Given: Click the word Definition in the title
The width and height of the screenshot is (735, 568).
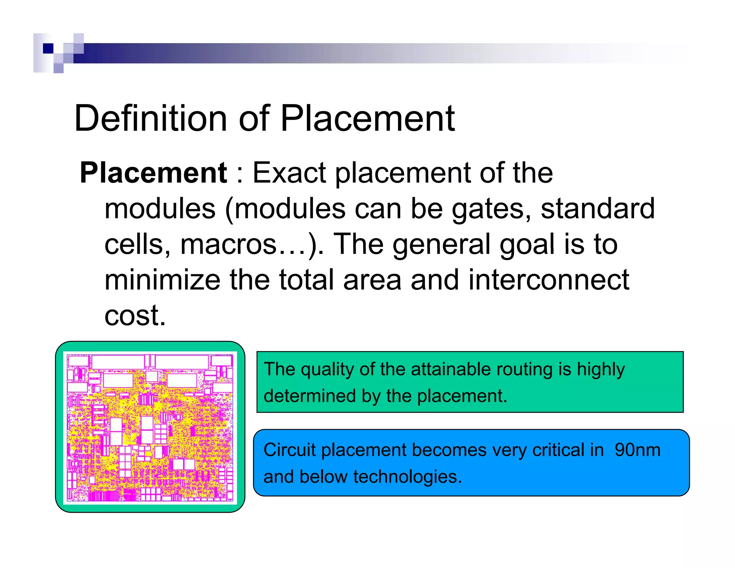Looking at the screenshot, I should tap(151, 118).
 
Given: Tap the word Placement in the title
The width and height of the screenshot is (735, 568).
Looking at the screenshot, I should tap(367, 118).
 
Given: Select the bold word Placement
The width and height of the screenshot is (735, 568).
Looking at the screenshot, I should tap(153, 173).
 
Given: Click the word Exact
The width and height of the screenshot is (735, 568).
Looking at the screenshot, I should tap(289, 173).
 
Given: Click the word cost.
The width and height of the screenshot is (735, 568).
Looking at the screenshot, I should tap(135, 315).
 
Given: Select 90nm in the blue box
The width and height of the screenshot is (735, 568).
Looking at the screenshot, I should tap(637, 450).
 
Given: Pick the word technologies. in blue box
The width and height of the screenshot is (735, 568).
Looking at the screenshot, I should tap(407, 477).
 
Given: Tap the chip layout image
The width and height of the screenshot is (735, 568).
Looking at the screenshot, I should tap(150, 427).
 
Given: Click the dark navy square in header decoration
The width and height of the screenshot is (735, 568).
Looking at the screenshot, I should tap(48, 48).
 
